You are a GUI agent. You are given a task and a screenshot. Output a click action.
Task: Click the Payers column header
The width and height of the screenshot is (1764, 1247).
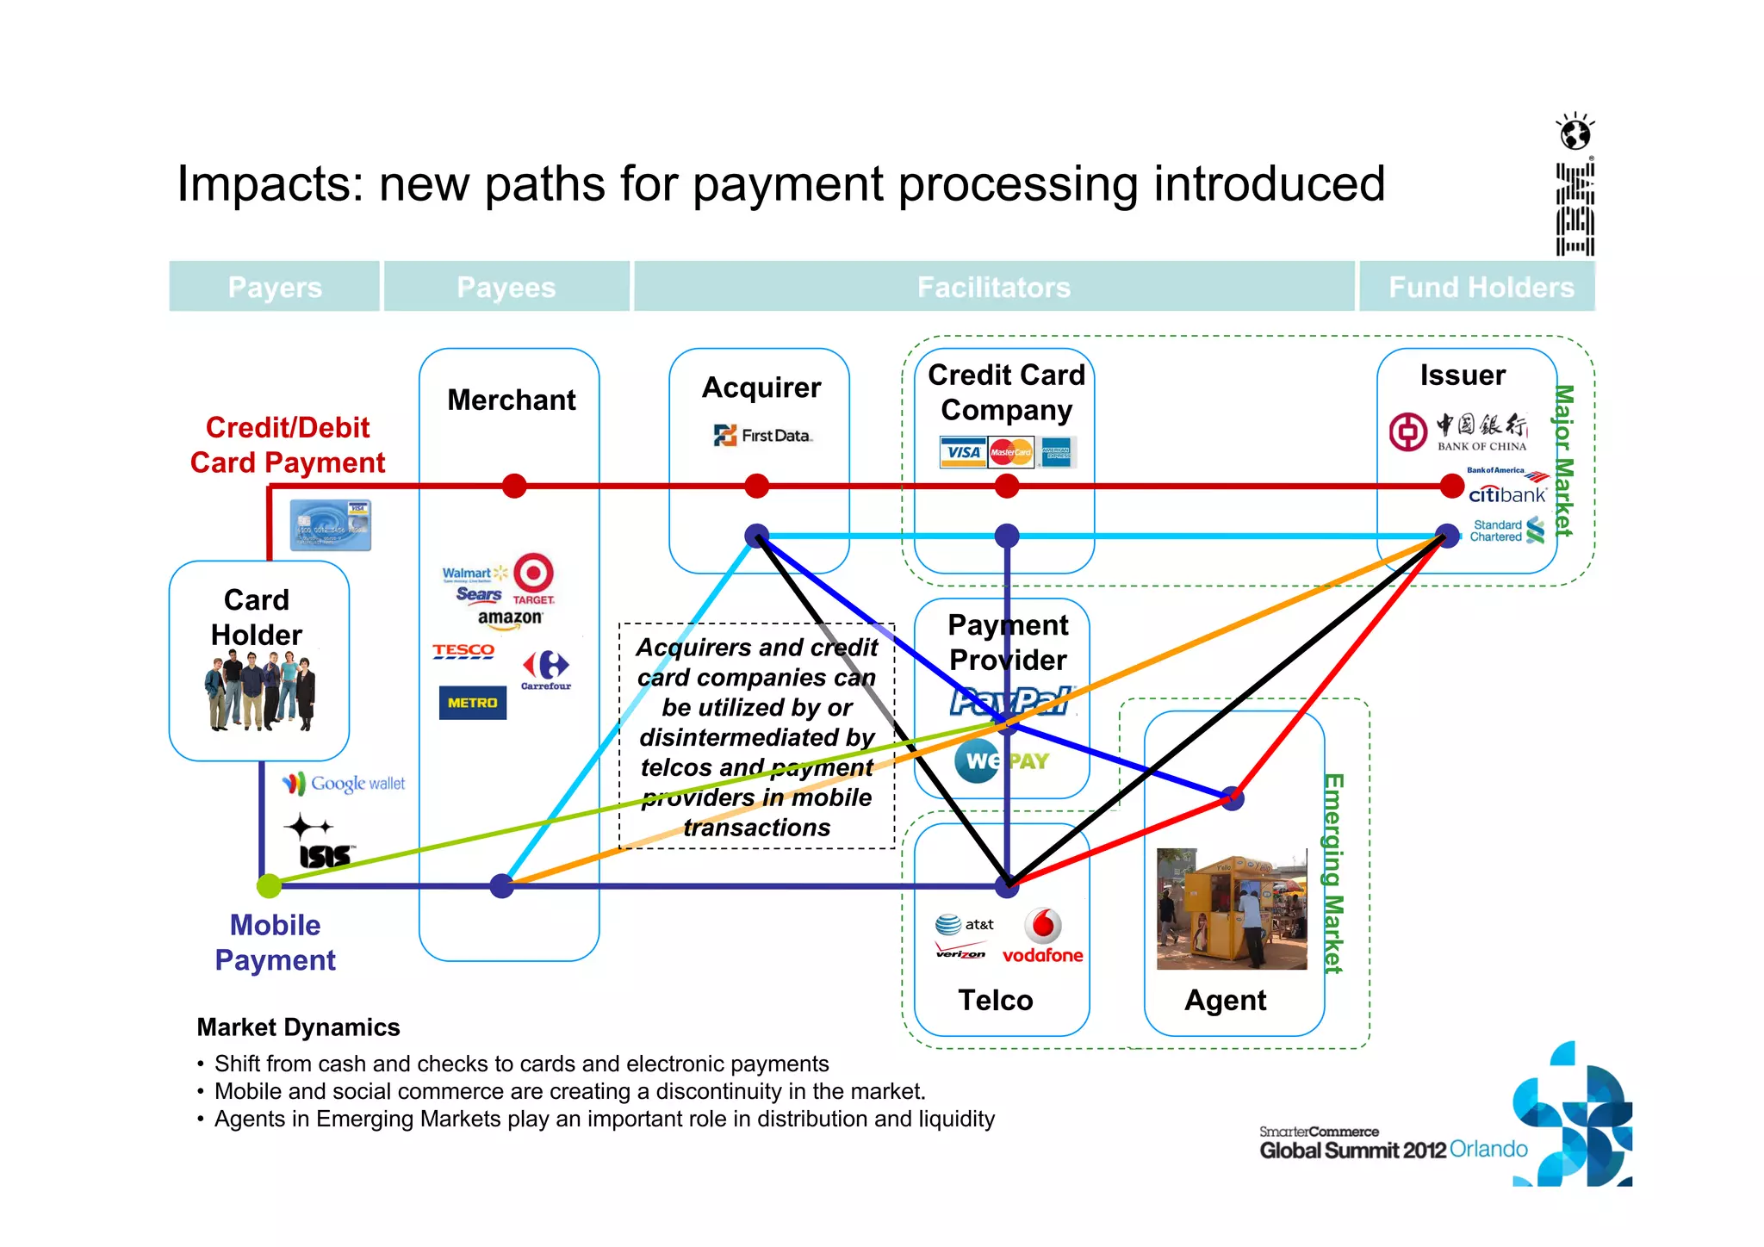point(275,287)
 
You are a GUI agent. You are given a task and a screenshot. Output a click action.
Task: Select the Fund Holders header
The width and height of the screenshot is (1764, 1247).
point(1480,287)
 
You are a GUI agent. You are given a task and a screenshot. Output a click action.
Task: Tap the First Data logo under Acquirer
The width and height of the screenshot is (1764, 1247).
point(762,436)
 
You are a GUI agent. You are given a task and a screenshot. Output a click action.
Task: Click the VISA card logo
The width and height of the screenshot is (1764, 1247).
point(963,452)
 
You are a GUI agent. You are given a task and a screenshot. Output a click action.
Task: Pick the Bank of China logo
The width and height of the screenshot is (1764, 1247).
point(1457,431)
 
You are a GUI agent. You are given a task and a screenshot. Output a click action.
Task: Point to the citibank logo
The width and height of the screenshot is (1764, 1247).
point(1507,494)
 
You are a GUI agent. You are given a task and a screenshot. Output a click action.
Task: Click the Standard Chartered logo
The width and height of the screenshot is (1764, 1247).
point(1506,530)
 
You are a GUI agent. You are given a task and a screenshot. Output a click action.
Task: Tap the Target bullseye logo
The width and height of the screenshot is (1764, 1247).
point(533,573)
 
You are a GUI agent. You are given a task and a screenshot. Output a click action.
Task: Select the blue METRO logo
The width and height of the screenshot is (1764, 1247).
point(472,703)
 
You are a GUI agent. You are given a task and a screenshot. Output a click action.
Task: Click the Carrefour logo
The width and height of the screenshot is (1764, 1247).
point(546,669)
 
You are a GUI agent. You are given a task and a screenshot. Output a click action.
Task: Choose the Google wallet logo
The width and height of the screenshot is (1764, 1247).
point(344,783)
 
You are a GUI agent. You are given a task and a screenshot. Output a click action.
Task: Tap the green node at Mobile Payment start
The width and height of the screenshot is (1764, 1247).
point(269,885)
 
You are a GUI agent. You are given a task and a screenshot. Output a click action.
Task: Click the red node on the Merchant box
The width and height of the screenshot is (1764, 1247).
point(514,487)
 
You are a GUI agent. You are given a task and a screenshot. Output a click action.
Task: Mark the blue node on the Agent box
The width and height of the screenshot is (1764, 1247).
point(1233,798)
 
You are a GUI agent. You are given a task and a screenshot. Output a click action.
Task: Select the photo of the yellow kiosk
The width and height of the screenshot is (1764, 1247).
point(1231,909)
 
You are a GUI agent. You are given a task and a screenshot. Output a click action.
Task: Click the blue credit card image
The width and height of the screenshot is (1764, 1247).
point(331,524)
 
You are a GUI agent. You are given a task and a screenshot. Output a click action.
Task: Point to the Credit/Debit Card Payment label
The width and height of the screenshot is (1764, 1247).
point(287,445)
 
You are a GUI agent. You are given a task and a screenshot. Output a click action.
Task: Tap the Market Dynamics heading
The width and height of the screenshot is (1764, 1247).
point(298,1027)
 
